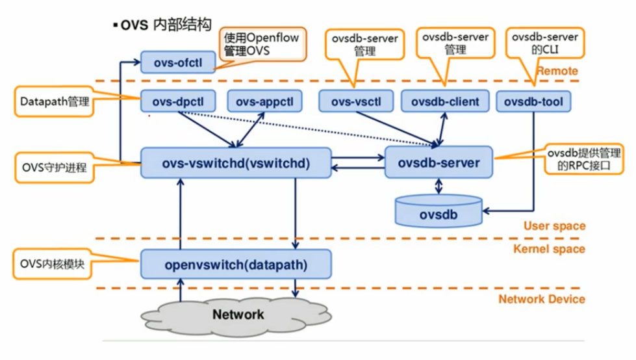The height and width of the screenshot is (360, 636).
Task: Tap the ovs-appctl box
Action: pos(264,101)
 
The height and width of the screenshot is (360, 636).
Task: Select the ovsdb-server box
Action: pos(439,162)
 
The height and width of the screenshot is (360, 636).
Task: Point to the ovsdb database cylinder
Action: pos(439,212)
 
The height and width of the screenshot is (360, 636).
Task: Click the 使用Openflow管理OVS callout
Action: pos(262,44)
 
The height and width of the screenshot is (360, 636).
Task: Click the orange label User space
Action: pos(553,226)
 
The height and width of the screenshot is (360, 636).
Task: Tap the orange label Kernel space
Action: pos(549,249)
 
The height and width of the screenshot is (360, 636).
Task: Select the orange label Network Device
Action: pos(541,299)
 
